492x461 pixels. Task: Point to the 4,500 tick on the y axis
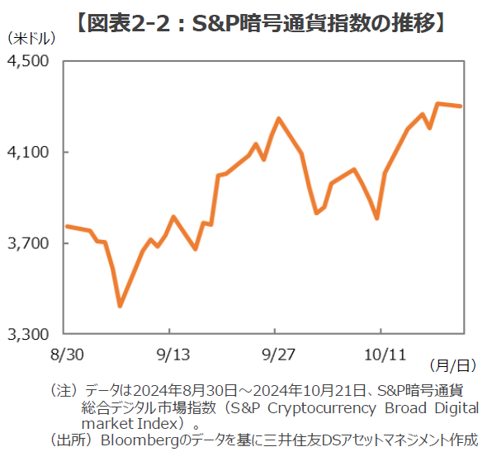pos(30,62)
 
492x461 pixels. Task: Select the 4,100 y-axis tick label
pos(30,153)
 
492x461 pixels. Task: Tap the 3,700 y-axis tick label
pos(30,243)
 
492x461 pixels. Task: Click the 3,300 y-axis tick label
pos(30,334)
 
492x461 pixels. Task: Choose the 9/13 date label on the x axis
pos(169,354)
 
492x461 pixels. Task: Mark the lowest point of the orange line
pos(120,306)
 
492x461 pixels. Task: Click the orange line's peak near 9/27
pos(279,119)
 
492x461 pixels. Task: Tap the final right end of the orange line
pos(461,106)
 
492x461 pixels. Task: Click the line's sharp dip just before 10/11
pos(376,219)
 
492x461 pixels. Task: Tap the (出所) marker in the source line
pos(71,440)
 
